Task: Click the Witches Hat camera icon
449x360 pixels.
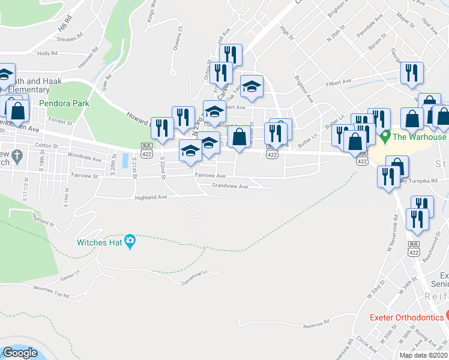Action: point(130,242)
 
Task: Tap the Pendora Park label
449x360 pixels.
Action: point(64,103)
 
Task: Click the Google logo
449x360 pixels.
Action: point(20,353)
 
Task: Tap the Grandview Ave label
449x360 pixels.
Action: point(230,187)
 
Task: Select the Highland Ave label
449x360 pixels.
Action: point(151,197)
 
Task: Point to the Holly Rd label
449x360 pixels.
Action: point(47,53)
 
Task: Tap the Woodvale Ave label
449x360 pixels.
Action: point(85,160)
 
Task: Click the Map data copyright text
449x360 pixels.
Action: point(424,355)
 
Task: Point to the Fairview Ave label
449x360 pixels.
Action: point(210,176)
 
